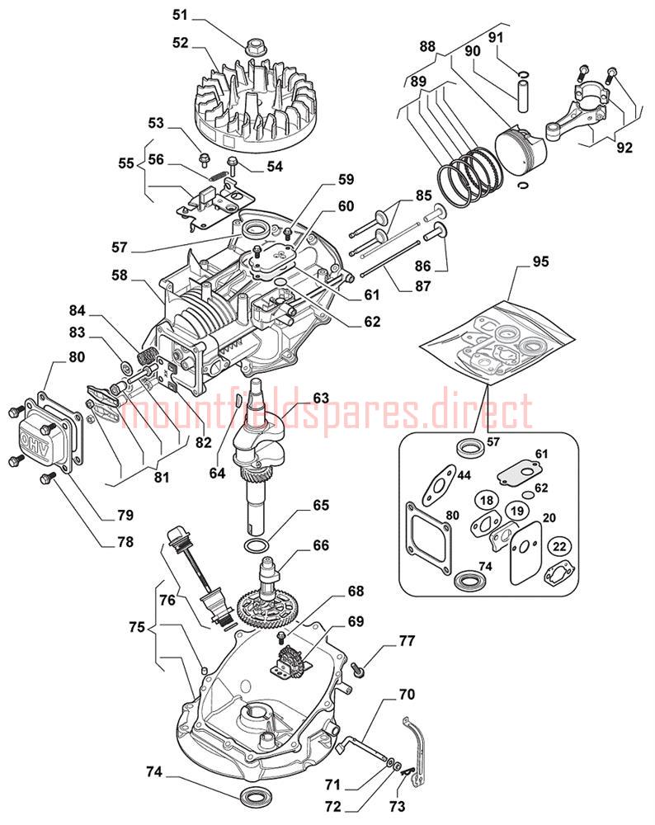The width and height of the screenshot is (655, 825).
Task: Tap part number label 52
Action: pyautogui.click(x=180, y=43)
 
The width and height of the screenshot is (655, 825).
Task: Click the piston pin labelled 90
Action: pyautogui.click(x=523, y=93)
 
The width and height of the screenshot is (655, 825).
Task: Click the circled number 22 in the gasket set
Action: pyautogui.click(x=560, y=547)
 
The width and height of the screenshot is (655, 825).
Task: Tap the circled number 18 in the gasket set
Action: pyautogui.click(x=487, y=500)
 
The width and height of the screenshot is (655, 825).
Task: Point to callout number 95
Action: pyautogui.click(x=540, y=262)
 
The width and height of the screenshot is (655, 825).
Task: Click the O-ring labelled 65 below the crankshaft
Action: pyautogui.click(x=257, y=545)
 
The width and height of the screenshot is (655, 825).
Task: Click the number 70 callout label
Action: pyautogui.click(x=406, y=695)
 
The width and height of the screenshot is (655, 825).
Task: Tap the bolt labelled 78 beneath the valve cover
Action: pyautogui.click(x=47, y=478)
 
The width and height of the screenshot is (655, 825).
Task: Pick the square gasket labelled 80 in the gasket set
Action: pyautogui.click(x=429, y=536)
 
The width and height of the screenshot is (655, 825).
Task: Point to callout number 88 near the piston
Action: pyautogui.click(x=427, y=47)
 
